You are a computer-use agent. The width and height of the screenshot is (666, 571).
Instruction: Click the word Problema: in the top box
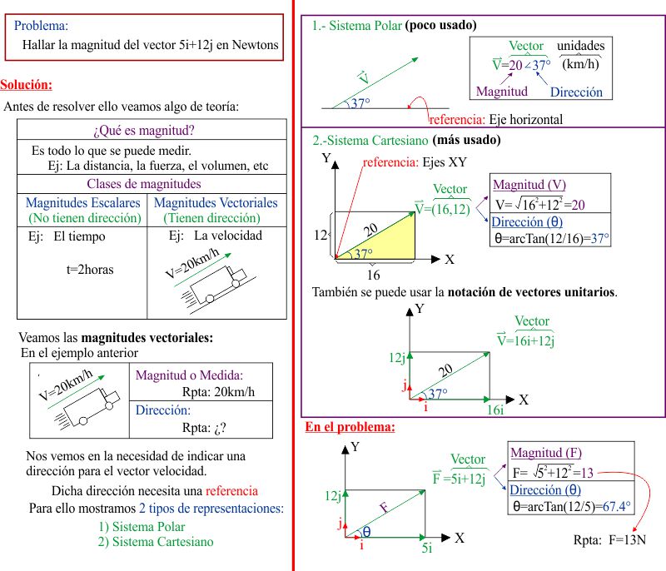[x=42, y=26]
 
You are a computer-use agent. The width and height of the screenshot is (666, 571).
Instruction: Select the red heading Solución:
[x=26, y=85]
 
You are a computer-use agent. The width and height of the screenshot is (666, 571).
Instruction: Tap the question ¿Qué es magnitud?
[x=144, y=131]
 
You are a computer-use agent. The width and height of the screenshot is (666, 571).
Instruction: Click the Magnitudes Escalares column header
[x=82, y=202]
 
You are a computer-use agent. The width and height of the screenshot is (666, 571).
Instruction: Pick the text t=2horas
[x=90, y=270]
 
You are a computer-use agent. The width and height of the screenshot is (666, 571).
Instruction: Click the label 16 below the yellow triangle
[x=373, y=276]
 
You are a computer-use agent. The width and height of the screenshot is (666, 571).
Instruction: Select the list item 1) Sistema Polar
[x=142, y=526]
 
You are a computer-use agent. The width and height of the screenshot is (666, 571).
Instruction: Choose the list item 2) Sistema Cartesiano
[x=156, y=541]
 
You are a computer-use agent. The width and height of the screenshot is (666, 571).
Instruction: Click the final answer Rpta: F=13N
[x=609, y=539]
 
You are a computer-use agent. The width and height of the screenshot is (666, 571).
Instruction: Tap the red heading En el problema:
[x=350, y=428]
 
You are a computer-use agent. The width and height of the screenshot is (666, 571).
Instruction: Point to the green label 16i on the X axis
[x=495, y=410]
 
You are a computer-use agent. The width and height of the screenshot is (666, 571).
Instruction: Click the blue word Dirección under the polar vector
[x=576, y=92]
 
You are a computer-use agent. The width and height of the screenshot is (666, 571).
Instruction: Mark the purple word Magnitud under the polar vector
[x=502, y=91]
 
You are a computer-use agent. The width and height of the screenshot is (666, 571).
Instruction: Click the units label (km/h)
[x=581, y=63]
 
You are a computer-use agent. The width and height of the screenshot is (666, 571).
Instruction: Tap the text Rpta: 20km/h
[x=218, y=392]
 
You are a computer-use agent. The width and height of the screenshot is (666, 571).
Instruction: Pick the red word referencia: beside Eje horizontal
[x=457, y=119]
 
